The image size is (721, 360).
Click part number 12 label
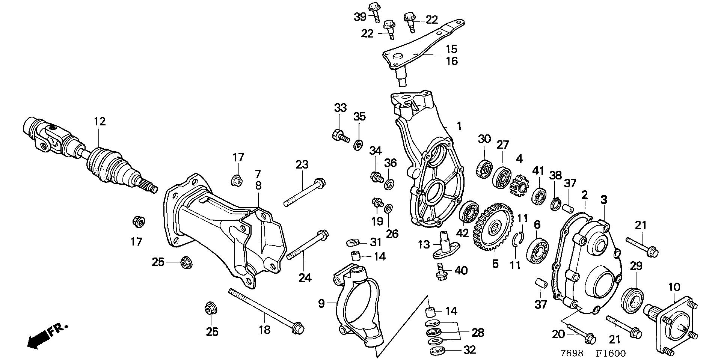(x=100, y=122)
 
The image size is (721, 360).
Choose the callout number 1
(x=459, y=126)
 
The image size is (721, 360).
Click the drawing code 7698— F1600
(x=593, y=353)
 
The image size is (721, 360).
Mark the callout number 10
(x=674, y=288)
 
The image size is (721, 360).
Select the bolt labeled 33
(x=340, y=136)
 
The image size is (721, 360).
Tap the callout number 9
(x=321, y=303)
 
